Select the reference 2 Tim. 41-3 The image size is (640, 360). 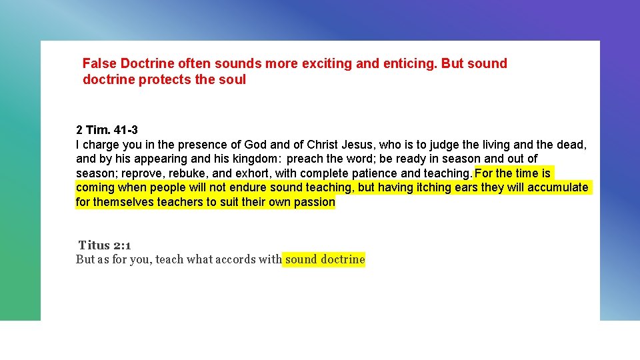pos(107,130)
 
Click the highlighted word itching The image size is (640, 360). pos(433,188)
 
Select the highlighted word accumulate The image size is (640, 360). pos(558,188)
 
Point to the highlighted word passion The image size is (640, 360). pos(315,202)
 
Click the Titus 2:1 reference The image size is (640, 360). pos(105,245)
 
